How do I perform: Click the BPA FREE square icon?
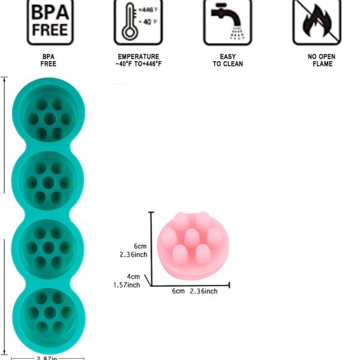tap(49, 22)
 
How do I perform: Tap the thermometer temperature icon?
tap(139, 22)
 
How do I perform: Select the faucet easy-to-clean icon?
tap(227, 22)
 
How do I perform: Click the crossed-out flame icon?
tap(316, 22)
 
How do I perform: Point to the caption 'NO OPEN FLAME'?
tap(322, 60)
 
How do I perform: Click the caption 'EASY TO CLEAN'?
tap(227, 60)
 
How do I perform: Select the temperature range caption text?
tap(139, 60)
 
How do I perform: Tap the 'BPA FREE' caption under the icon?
tap(49, 60)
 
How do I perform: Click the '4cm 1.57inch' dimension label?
tap(127, 281)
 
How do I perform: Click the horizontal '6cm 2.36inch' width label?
tap(195, 291)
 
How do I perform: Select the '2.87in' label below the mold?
tap(48, 358)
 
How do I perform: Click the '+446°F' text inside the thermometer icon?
tap(146, 11)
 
